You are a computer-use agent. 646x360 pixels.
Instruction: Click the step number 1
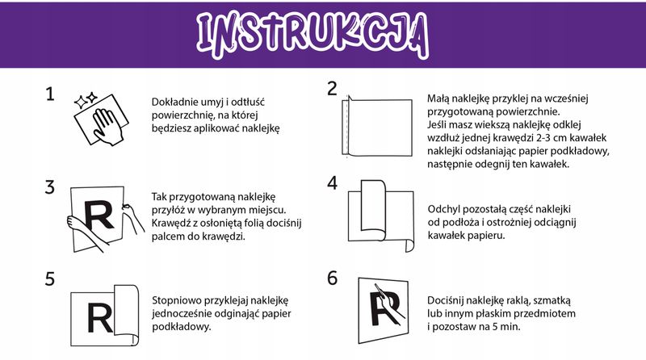(x=50, y=94)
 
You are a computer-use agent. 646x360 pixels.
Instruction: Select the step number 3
(x=50, y=186)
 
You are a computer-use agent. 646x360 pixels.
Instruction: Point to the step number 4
(x=332, y=182)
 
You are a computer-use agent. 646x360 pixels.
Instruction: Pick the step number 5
(x=50, y=278)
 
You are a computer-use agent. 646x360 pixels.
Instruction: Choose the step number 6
(x=332, y=277)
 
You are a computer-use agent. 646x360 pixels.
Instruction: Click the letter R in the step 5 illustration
(x=100, y=318)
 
